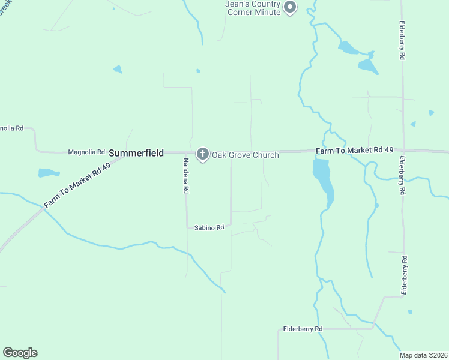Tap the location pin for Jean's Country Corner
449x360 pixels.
tap(290, 7)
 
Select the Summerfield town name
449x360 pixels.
tap(136, 154)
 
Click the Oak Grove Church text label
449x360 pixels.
tap(245, 155)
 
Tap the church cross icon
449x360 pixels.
tap(203, 154)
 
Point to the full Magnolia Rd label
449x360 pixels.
tap(86, 152)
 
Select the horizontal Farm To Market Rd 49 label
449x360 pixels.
tap(354, 150)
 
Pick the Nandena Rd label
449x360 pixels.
tap(186, 175)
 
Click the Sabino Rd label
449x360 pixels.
tap(209, 227)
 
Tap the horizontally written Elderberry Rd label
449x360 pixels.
tap(303, 329)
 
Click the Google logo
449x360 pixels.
tap(20, 353)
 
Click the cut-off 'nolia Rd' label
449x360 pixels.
tap(11, 128)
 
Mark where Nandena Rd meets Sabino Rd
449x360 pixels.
tap(187, 227)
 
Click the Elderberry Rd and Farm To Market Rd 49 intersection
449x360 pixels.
tap(403, 150)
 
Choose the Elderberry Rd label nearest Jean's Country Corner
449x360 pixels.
tap(402, 41)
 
